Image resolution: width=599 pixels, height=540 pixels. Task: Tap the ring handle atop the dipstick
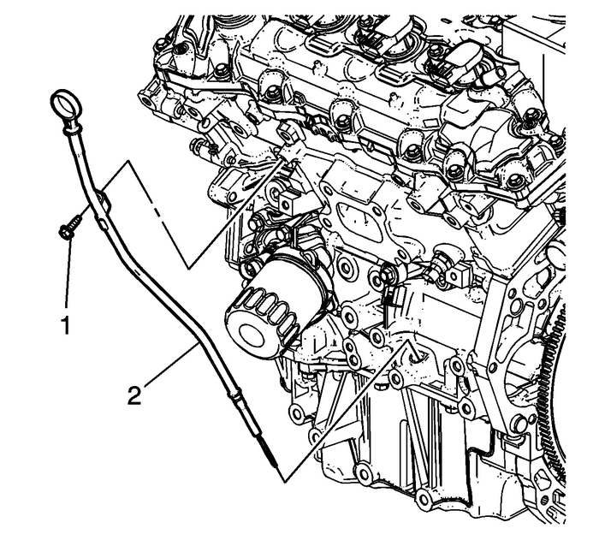pyautogui.click(x=65, y=107)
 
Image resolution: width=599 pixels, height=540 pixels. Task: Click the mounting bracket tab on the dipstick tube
pyautogui.click(x=104, y=202)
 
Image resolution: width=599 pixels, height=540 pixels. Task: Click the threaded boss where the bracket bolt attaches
pyautogui.click(x=287, y=134)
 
